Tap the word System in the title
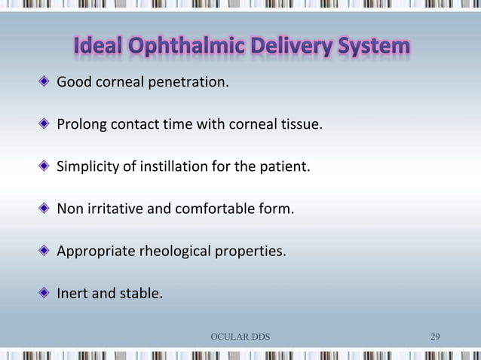(371, 47)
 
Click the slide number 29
(435, 336)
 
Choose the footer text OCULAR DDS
(240, 336)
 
